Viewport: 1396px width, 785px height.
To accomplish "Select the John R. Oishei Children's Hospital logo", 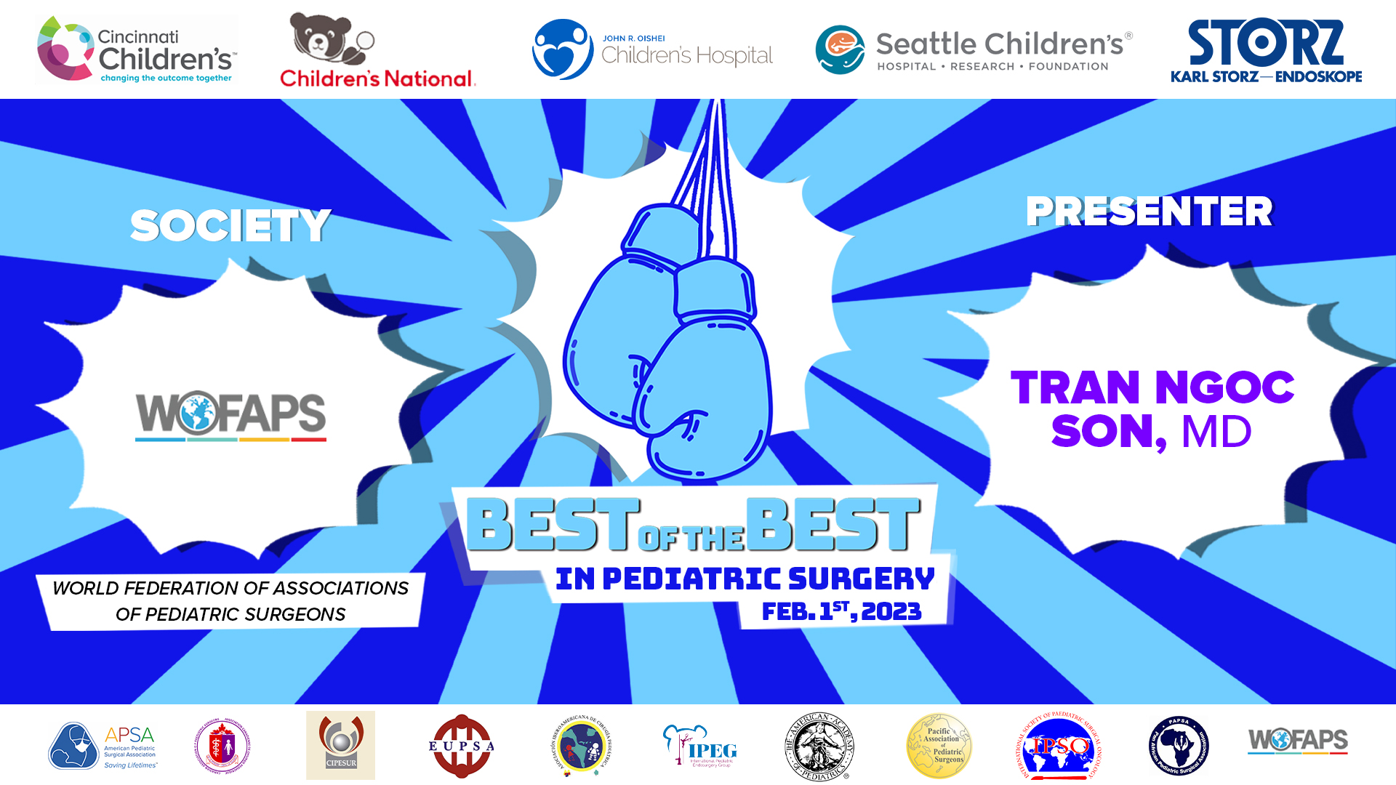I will [652, 49].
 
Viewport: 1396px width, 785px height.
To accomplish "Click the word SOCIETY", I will [230, 225].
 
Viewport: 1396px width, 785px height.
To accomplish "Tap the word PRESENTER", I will [1149, 212].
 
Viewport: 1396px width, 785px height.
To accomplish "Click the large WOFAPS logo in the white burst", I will [230, 415].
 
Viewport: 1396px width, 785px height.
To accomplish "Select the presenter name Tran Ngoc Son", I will [1152, 408].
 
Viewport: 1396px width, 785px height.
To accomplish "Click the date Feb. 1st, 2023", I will [841, 611].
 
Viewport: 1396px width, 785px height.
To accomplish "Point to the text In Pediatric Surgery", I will [745, 579].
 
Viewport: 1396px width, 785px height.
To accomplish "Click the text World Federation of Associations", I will [230, 588].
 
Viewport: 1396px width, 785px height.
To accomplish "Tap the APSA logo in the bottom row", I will [103, 746].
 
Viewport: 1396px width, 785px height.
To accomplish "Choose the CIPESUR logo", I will [340, 745].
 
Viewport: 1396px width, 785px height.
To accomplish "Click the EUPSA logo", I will [461, 746].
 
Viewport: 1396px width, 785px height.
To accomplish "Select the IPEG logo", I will [699, 746].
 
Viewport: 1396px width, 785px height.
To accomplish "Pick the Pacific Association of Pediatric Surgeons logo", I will [939, 746].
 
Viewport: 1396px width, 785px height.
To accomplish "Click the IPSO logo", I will [1059, 746].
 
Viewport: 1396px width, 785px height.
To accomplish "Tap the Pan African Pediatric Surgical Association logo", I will [1179, 746].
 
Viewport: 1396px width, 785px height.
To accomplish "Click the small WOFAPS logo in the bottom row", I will [1298, 741].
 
